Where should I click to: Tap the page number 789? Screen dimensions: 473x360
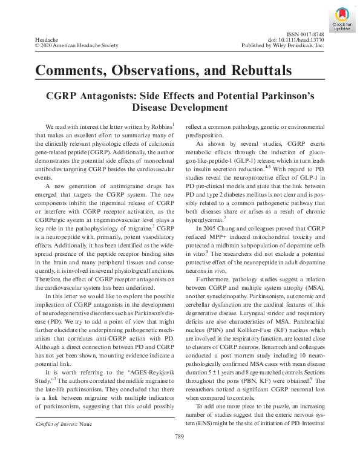tap(179, 454)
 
